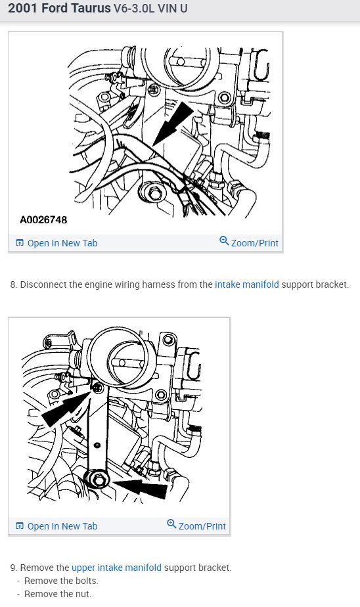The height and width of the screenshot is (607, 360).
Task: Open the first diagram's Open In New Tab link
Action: tap(62, 243)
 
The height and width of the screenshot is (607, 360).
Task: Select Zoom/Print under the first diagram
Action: tap(254, 243)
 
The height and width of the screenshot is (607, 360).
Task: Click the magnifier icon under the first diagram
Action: tap(224, 241)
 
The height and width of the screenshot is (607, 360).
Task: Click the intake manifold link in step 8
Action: tap(246, 285)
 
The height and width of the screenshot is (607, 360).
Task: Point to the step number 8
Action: tap(13, 285)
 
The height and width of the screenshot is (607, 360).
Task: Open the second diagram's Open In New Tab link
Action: tap(62, 526)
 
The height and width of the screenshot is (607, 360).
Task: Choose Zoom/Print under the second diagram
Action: tap(202, 526)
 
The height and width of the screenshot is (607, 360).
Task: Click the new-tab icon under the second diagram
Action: tap(20, 526)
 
